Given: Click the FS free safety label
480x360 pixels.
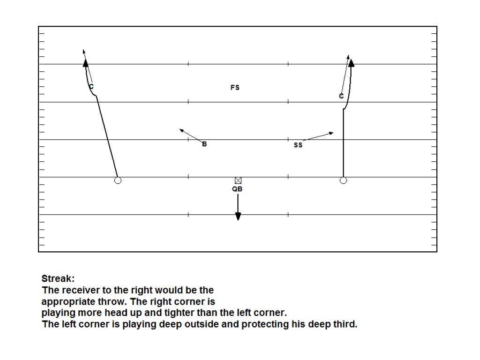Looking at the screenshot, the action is click(235, 88).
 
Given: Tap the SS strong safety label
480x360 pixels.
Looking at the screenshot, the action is click(298, 145).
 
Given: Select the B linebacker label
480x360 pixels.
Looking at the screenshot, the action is click(204, 144).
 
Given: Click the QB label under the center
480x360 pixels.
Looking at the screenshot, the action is click(237, 189).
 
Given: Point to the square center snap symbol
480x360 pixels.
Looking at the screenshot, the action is click(238, 180).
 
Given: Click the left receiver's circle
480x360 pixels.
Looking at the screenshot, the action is click(118, 180).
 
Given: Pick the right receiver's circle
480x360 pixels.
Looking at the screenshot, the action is click(343, 180).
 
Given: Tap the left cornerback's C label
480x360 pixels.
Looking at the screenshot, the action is click(91, 87).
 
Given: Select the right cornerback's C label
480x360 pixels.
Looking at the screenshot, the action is click(341, 96).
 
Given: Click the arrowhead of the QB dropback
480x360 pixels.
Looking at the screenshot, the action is click(238, 216).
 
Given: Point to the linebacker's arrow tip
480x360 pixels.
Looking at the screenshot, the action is click(181, 130).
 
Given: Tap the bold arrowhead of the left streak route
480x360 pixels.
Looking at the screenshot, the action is click(85, 62).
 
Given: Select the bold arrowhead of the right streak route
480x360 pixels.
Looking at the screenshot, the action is click(351, 62).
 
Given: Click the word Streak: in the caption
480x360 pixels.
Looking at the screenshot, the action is click(58, 278).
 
